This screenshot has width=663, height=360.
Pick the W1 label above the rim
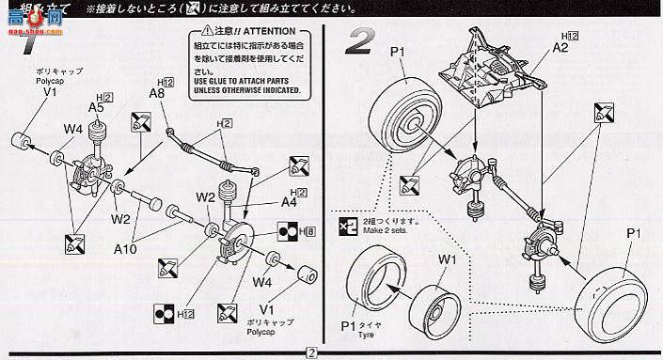click(x=446, y=260)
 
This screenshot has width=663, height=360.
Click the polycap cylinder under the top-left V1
click(x=22, y=144)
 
